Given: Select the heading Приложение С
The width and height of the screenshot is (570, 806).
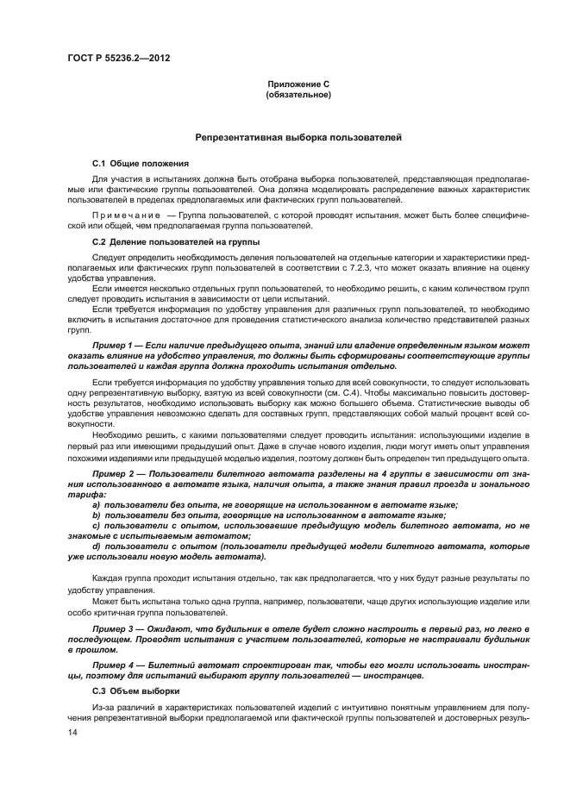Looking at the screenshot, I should [298, 84].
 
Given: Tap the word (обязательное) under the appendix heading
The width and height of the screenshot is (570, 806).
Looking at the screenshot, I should [298, 94].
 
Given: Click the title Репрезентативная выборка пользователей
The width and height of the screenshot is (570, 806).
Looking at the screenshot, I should [298, 138].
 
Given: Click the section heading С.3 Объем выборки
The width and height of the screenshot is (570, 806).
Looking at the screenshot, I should [136, 691].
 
